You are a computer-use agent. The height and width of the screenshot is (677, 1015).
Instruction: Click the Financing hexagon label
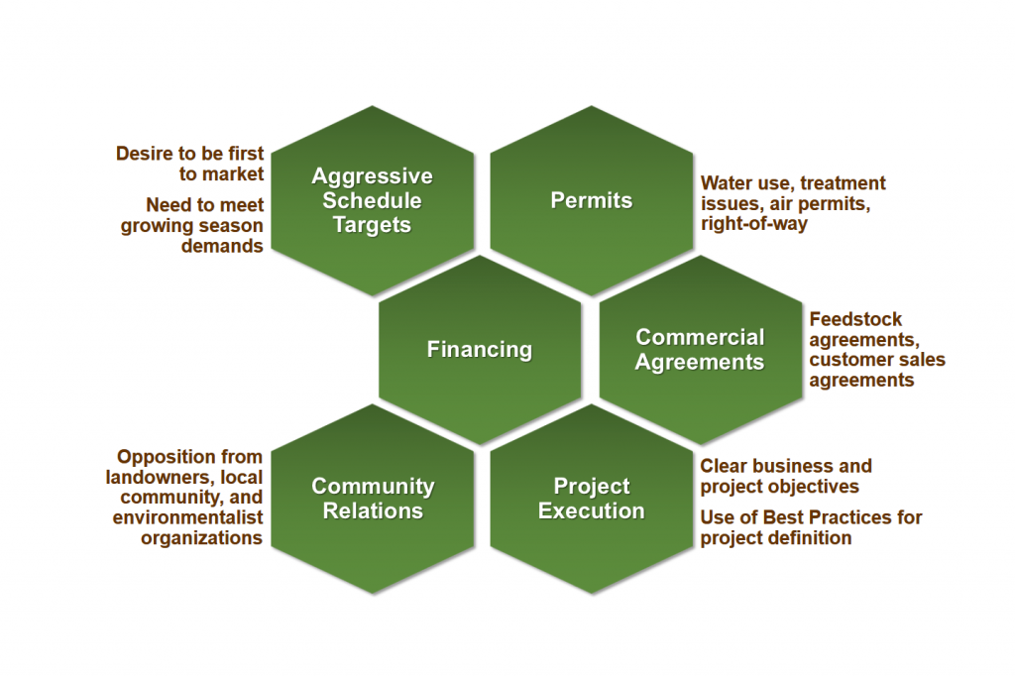(x=480, y=350)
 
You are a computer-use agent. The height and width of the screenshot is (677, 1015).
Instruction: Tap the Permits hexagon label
(x=592, y=200)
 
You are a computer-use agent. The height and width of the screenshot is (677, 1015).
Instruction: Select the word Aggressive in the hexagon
(x=373, y=176)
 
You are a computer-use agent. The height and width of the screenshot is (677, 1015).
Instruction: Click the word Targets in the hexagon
(x=373, y=225)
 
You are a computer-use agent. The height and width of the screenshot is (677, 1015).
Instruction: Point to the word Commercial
(x=700, y=337)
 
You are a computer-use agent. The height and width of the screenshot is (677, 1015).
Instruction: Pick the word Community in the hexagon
(x=373, y=486)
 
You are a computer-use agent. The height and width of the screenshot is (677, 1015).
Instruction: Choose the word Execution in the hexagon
(x=592, y=510)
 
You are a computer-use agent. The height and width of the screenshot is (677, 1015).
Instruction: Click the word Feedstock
(x=855, y=319)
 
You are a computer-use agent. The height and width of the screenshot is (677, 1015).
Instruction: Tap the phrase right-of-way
(x=754, y=224)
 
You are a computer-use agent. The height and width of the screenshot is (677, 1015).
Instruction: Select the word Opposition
(x=189, y=456)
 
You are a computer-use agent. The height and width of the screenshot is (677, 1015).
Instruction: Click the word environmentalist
(x=187, y=517)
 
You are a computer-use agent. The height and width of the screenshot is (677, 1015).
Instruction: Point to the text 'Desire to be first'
(x=189, y=154)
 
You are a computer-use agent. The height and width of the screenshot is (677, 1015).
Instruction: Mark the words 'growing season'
(x=191, y=226)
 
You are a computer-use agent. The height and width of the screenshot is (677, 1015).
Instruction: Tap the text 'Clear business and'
(x=786, y=466)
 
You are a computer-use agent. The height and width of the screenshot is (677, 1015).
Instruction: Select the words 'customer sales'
(x=877, y=359)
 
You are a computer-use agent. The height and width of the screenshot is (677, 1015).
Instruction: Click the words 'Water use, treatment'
(x=793, y=183)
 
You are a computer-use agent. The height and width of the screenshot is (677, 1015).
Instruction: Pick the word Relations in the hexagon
(x=373, y=510)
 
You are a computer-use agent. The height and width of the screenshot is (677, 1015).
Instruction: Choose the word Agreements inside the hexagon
(x=700, y=362)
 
